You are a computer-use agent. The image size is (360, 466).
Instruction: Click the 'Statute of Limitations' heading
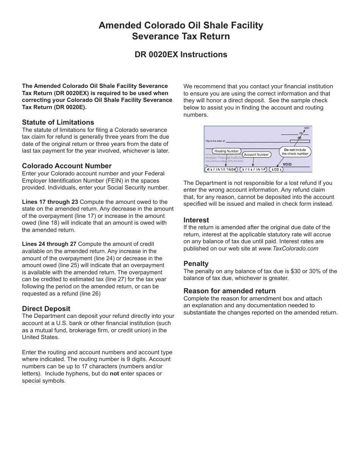click(58, 122)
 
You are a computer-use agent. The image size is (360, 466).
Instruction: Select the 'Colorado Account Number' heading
click(67, 166)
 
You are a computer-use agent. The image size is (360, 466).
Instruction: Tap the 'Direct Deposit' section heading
click(46, 309)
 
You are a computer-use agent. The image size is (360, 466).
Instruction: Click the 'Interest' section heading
click(196, 220)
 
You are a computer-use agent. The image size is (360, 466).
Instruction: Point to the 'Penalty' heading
click(196, 264)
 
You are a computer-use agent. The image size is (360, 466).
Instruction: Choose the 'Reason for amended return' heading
click(229, 291)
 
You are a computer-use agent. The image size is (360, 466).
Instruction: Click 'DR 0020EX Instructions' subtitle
click(181, 55)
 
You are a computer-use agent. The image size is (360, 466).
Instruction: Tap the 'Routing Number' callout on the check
click(227, 151)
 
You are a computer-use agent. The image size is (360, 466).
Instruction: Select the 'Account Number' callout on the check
click(256, 155)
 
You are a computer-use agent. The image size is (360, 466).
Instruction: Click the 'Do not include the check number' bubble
click(295, 152)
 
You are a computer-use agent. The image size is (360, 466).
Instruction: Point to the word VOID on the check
click(287, 164)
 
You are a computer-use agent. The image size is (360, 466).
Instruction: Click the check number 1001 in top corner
click(307, 128)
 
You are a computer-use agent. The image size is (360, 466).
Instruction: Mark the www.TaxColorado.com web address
click(288, 249)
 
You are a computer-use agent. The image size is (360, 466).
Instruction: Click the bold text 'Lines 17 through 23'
click(49, 202)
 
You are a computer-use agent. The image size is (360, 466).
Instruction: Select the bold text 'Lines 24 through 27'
click(49, 244)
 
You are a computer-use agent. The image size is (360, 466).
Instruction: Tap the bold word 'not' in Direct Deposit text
click(114, 374)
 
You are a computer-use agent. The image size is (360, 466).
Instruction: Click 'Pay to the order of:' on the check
click(215, 141)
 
